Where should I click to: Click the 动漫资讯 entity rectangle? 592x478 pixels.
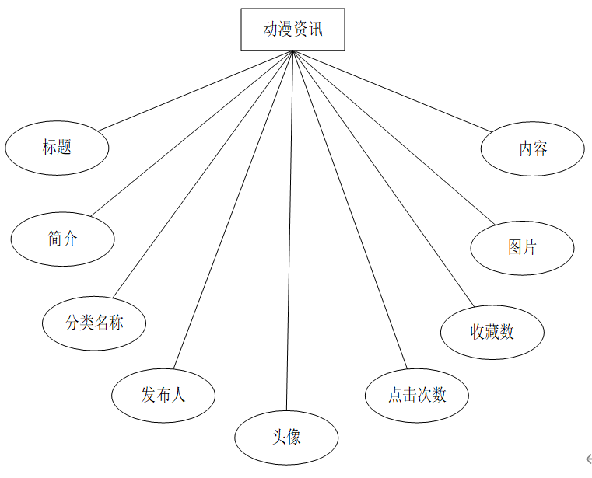click(x=292, y=30)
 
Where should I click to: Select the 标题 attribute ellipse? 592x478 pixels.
click(x=57, y=147)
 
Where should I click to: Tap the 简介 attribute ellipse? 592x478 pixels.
click(x=62, y=239)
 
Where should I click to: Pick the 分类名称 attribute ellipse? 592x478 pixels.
click(x=94, y=323)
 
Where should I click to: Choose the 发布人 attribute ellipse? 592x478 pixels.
click(x=163, y=396)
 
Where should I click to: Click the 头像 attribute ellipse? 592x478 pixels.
click(x=286, y=438)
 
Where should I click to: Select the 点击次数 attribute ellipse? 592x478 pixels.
click(x=417, y=396)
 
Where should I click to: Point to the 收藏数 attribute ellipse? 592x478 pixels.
click(x=492, y=332)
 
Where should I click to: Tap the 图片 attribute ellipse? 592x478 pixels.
click(x=522, y=248)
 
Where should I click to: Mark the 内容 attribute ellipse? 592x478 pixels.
click(x=532, y=148)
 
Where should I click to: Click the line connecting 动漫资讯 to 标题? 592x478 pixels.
click(x=194, y=90)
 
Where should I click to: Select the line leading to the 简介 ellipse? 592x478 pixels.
click(x=192, y=133)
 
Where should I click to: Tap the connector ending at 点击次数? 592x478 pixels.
click(x=349, y=210)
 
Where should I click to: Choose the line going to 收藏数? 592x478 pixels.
click(x=383, y=179)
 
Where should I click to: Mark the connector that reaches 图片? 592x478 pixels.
click(x=394, y=138)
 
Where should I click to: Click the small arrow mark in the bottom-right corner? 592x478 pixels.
click(x=588, y=459)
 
